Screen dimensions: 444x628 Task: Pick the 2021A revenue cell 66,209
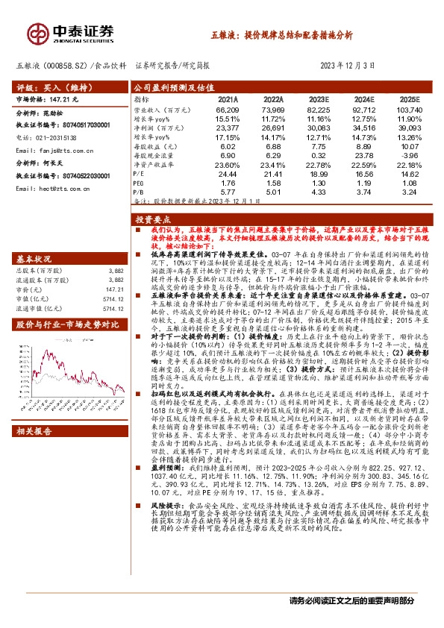click(227, 110)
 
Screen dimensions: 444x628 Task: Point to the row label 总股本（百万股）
click(43, 271)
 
